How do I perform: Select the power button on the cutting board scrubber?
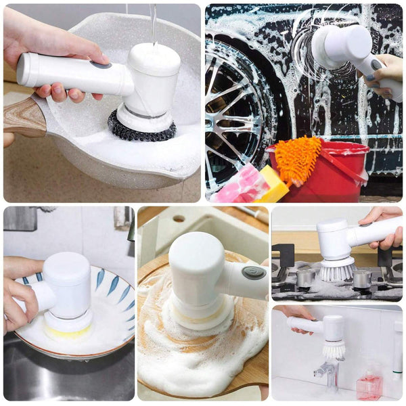click(x=254, y=273)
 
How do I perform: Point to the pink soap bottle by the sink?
click(x=369, y=385)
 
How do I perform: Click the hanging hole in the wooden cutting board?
click(x=179, y=219)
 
